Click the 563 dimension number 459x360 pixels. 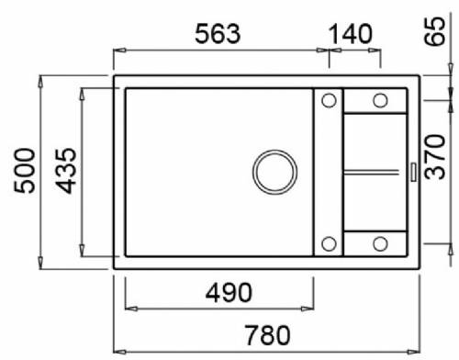(218, 33)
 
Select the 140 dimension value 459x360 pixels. (351, 34)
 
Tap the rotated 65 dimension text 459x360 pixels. (435, 31)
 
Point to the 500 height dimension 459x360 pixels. (25, 171)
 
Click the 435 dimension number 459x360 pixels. (65, 171)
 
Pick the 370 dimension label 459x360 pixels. (435, 157)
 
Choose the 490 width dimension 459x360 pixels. (229, 293)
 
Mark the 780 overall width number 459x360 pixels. (267, 335)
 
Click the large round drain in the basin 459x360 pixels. (274, 172)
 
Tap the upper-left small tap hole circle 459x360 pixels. (329, 100)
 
